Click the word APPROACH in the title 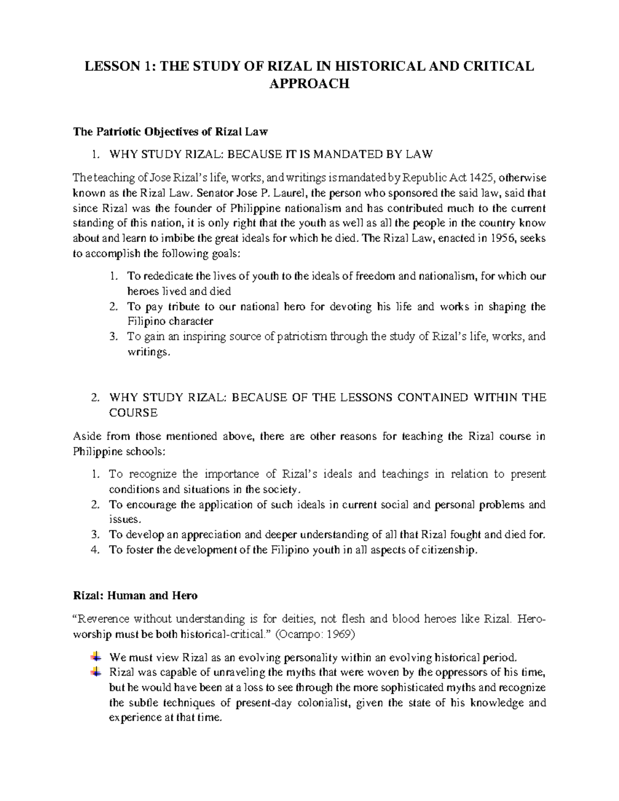pyautogui.click(x=309, y=84)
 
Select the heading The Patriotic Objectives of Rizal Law pyautogui.click(x=170, y=132)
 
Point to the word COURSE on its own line pyautogui.click(x=133, y=413)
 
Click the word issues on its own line pyautogui.click(x=124, y=519)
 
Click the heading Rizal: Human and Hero pyautogui.click(x=135, y=596)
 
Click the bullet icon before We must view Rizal pyautogui.click(x=95, y=657)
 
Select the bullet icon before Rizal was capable pyautogui.click(x=95, y=672)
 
